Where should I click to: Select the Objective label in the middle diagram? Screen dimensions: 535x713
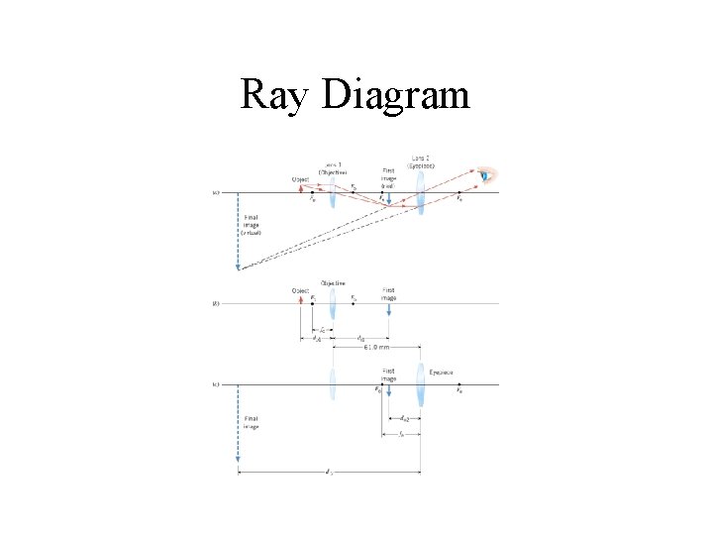coord(333,282)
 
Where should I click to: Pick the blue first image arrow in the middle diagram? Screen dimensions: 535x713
coord(389,310)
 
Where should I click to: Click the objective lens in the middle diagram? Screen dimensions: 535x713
coord(333,305)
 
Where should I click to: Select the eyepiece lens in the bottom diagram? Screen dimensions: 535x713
coord(423,386)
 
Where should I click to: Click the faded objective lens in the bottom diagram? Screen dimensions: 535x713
coord(333,384)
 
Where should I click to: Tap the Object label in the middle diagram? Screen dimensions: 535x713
coord(300,290)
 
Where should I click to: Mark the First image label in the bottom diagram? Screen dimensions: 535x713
coord(390,374)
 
